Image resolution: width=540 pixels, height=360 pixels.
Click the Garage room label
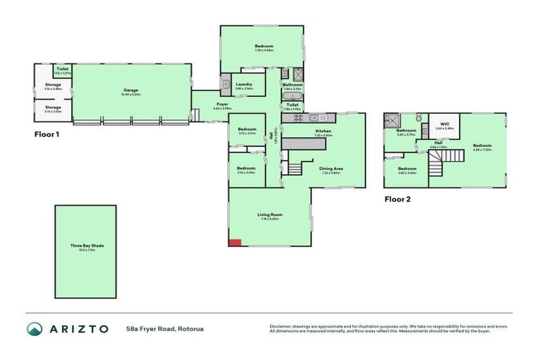pos(131,89)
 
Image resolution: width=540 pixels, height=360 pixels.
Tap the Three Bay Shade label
pos(87,245)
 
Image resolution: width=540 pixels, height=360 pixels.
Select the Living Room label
pos(270,214)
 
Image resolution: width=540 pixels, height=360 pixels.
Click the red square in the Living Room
pos(236,243)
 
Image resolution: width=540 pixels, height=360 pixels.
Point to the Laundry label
pos(244,84)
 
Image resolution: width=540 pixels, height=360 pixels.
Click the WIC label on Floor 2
pos(444,124)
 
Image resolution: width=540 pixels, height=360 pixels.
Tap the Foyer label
pos(221,105)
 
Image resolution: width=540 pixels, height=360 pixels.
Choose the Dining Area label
pos(331,169)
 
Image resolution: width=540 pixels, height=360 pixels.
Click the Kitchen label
pos(323,131)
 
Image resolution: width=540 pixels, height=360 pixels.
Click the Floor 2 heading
pos(397,199)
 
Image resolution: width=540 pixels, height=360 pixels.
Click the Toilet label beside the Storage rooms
pos(62,69)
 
